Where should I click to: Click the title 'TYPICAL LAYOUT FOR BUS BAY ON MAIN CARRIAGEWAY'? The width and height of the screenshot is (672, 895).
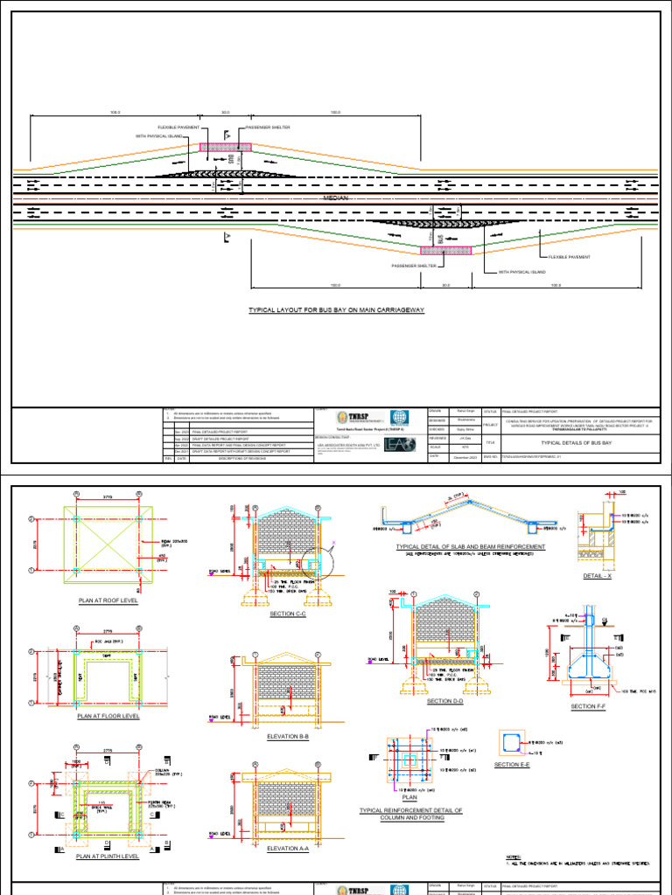pyautogui.click(x=336, y=310)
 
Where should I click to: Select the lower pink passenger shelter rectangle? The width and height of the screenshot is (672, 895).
pyautogui.click(x=445, y=250)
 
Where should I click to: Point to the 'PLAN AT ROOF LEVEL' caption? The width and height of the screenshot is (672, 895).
pyautogui.click(x=108, y=601)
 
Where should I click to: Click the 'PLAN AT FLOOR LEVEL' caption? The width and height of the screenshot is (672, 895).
pyautogui.click(x=108, y=716)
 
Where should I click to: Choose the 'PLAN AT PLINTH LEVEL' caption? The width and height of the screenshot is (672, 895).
pyautogui.click(x=108, y=857)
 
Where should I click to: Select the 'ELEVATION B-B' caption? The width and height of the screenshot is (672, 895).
pyautogui.click(x=287, y=737)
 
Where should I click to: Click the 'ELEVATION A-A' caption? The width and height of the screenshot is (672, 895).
pyautogui.click(x=287, y=848)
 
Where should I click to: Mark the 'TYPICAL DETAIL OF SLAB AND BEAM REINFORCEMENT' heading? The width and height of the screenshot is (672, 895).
pyautogui.click(x=471, y=546)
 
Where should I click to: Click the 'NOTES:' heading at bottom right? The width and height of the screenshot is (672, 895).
pyautogui.click(x=514, y=857)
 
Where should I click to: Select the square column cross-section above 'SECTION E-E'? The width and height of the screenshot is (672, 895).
pyautogui.click(x=510, y=743)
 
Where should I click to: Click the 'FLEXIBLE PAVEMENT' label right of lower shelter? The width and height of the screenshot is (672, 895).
pyautogui.click(x=570, y=257)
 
